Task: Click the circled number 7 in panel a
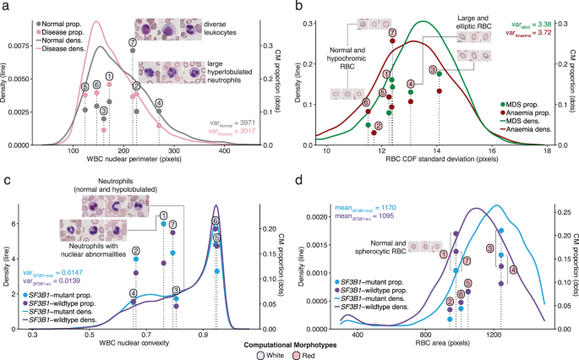[133, 41]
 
